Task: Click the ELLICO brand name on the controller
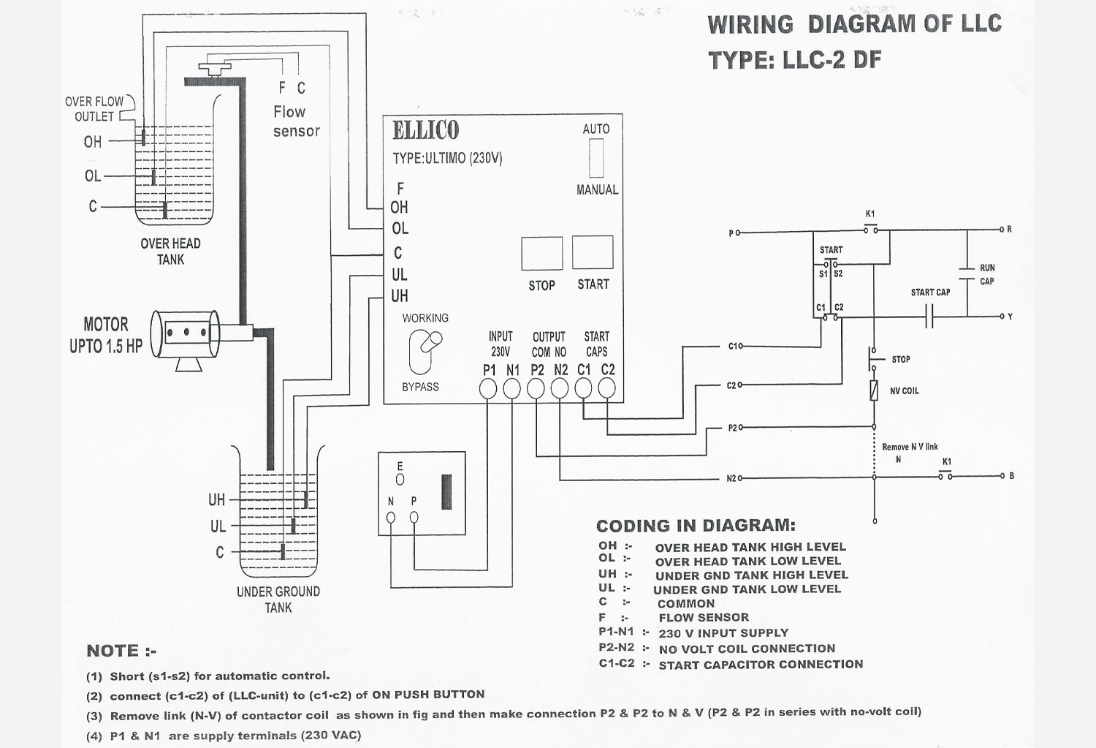426,131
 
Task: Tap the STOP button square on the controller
541,253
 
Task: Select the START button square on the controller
593,252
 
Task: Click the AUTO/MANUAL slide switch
596,158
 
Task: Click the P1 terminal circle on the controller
488,390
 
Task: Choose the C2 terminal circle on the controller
606,390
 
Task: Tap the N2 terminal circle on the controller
559,390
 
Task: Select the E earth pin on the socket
400,480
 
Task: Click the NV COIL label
904,391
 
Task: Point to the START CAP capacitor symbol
929,317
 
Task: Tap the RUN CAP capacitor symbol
967,274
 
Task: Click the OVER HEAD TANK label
170,252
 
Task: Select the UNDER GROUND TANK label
278,600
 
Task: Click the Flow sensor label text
296,121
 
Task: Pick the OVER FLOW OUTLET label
94,109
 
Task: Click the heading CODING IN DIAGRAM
696,526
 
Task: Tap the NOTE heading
121,651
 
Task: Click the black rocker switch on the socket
446,492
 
